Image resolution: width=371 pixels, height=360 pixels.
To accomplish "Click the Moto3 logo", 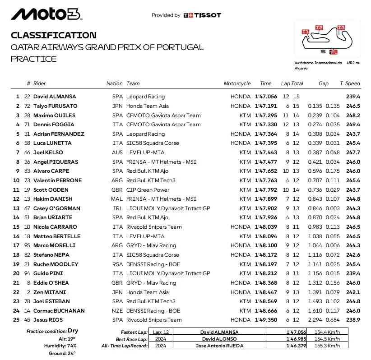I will click(46, 14).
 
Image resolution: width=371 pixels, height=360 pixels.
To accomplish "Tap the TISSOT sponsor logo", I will click(202, 15).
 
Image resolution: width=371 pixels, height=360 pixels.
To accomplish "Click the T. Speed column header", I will click(350, 83).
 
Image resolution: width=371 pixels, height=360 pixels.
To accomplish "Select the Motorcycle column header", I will click(237, 83).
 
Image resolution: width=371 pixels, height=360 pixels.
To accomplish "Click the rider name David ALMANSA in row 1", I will click(55, 97).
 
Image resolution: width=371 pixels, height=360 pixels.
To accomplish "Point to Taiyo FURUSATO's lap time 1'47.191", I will click(266, 106).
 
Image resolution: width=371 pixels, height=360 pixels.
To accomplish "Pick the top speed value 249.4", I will click(353, 125).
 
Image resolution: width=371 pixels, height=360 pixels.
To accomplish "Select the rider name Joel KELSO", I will click(48, 152).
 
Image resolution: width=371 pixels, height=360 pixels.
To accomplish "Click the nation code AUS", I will click(117, 152).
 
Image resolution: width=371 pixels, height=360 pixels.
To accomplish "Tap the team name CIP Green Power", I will click(148, 190).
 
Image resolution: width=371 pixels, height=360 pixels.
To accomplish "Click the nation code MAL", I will click(117, 199).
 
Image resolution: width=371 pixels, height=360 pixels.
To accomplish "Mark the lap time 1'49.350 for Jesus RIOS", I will click(266, 320).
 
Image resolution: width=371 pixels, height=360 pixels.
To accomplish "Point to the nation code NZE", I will click(117, 311).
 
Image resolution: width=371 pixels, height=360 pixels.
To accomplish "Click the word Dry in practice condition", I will click(73, 331).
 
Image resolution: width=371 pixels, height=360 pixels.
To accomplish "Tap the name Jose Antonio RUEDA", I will click(219, 346).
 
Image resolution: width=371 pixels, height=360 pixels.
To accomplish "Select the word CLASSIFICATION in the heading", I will click(53, 35).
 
